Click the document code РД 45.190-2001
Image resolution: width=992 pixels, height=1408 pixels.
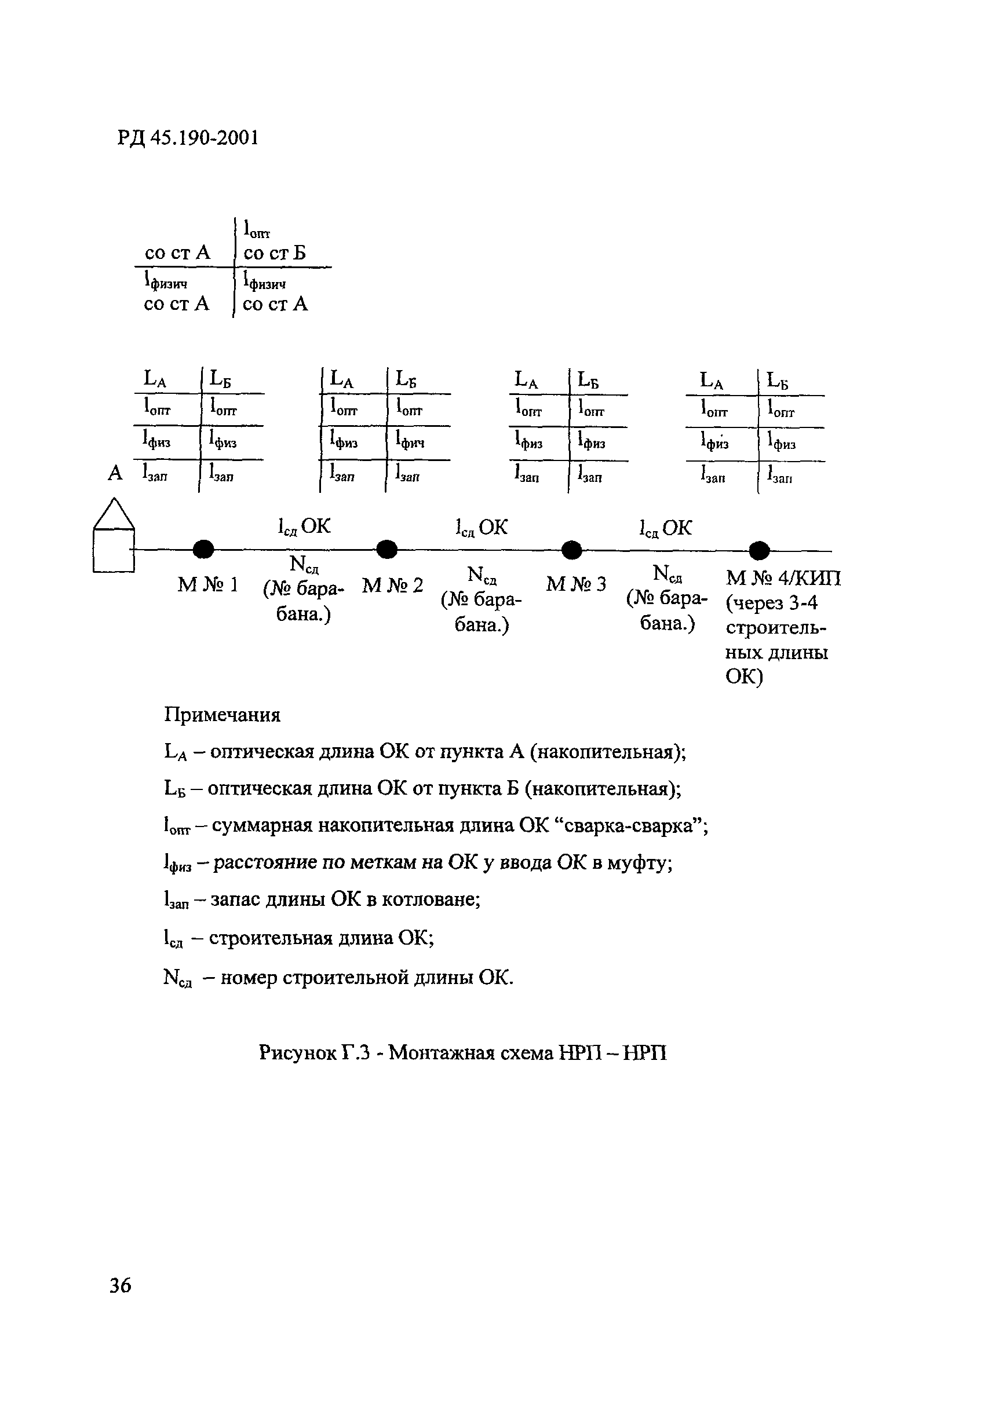click(x=188, y=138)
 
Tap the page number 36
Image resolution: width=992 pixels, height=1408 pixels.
click(x=121, y=1284)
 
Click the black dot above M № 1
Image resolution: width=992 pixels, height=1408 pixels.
click(x=203, y=549)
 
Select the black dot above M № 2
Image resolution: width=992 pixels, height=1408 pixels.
click(x=386, y=550)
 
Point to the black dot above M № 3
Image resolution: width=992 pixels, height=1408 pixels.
click(x=572, y=550)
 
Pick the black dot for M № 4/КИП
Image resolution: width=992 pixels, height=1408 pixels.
click(x=759, y=551)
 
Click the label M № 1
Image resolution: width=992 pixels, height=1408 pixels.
click(x=207, y=586)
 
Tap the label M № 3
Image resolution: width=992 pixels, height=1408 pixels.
click(x=575, y=584)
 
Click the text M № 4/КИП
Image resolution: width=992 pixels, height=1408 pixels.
click(x=783, y=578)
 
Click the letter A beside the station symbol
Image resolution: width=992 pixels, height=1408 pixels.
click(x=115, y=473)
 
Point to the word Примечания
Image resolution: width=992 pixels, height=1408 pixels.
click(x=222, y=715)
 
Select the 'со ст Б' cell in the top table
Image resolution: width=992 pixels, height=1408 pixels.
click(x=274, y=253)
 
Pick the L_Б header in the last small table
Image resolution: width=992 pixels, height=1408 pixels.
click(x=777, y=381)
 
